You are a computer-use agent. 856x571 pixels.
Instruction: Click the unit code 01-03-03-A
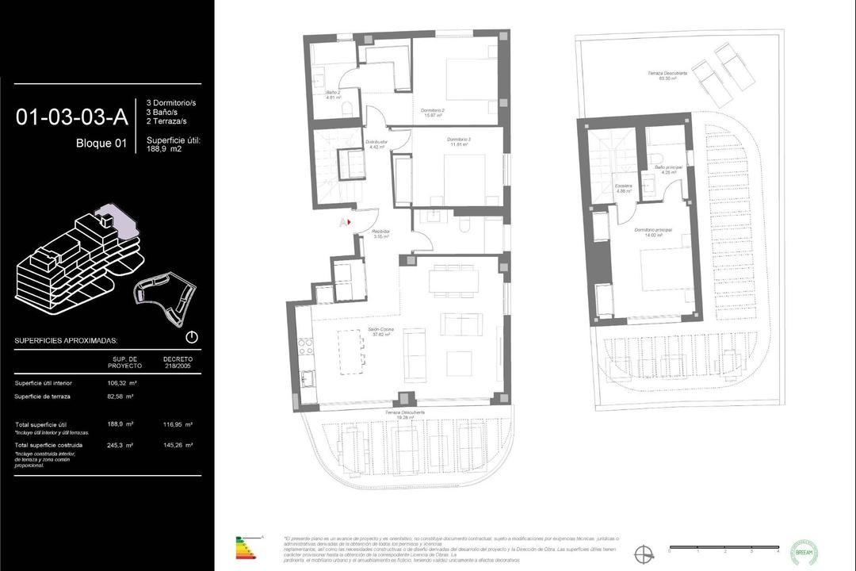(x=71, y=117)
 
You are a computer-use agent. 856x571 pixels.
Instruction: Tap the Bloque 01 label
(x=101, y=144)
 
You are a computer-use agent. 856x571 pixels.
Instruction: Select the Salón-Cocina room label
(x=381, y=332)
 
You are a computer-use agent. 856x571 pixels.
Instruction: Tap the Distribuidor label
(x=375, y=144)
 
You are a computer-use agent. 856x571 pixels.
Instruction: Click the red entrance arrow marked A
(x=346, y=223)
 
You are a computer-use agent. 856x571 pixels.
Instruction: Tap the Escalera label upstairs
(x=624, y=188)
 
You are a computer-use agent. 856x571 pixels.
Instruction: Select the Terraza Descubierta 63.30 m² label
(x=667, y=75)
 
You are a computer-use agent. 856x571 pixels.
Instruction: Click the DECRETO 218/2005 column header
(x=178, y=362)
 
